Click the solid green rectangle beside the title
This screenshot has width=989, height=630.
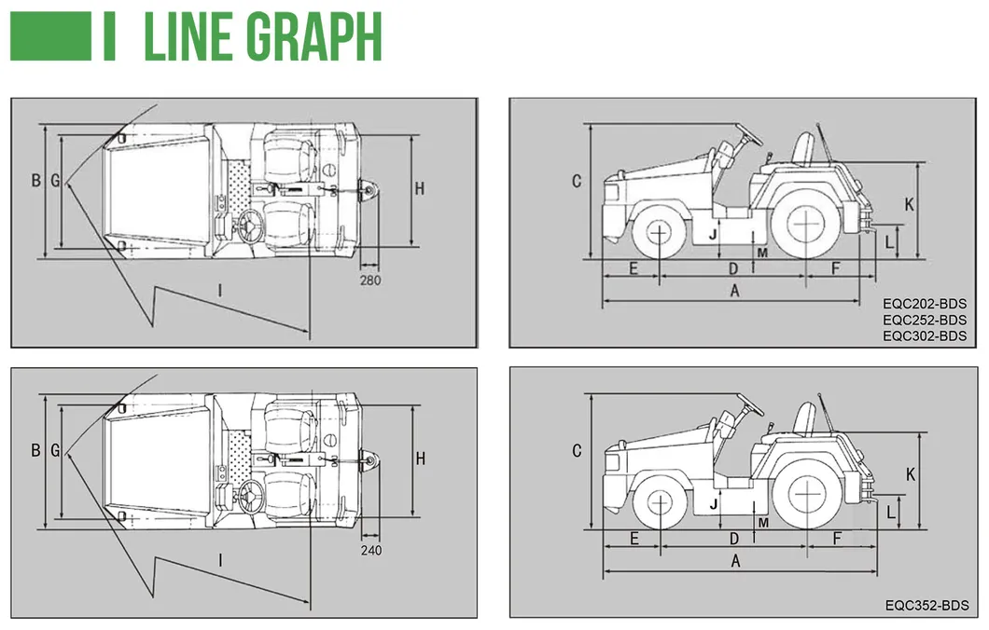point(50,36)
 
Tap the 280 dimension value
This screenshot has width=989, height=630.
point(369,279)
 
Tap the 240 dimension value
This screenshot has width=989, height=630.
point(370,550)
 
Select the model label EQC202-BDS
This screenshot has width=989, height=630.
point(924,303)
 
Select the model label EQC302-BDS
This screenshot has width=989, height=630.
point(924,336)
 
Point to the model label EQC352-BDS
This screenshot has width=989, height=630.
point(926,605)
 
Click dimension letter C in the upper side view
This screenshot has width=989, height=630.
point(577,181)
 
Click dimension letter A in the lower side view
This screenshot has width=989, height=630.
point(735,561)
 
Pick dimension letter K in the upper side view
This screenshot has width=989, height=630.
point(910,203)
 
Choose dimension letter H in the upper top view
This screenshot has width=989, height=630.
point(420,189)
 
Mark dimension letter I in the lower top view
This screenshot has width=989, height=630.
point(220,560)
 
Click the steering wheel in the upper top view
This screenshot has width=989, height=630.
point(251,225)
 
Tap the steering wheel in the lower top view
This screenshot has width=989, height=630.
point(249,497)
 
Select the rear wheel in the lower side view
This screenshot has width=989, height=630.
point(804,500)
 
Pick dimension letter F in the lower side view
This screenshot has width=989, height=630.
point(837,539)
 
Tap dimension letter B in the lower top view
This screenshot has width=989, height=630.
point(35,450)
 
